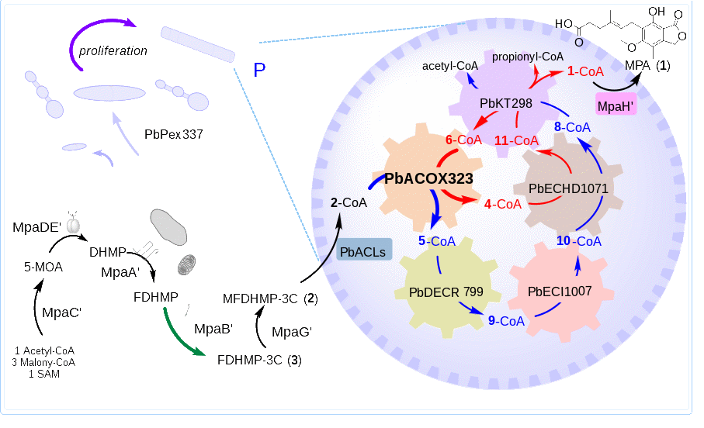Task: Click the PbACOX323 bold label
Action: pyautogui.click(x=429, y=178)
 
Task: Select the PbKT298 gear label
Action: pyautogui.click(x=505, y=103)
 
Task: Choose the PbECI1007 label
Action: pyautogui.click(x=560, y=292)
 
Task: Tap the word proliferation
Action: pyautogui.click(x=113, y=50)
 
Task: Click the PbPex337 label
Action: pyautogui.click(x=174, y=134)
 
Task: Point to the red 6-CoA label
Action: pyautogui.click(x=463, y=140)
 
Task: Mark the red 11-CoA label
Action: pyautogui.click(x=516, y=140)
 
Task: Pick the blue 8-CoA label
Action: pyautogui.click(x=573, y=126)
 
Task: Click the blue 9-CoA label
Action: pyautogui.click(x=506, y=320)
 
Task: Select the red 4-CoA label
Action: pyautogui.click(x=502, y=204)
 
